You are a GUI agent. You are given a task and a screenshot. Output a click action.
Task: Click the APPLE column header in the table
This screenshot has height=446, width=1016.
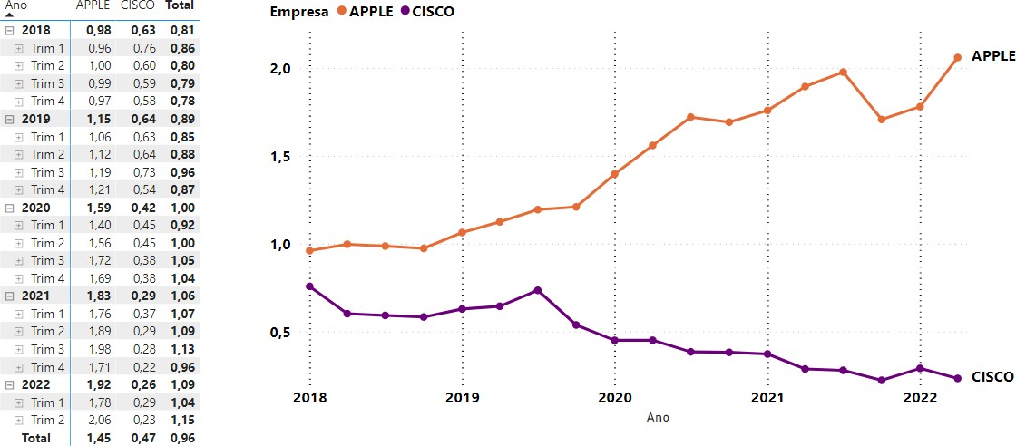(x=93, y=5)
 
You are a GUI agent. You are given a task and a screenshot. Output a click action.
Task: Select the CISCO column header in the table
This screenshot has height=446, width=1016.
(x=136, y=5)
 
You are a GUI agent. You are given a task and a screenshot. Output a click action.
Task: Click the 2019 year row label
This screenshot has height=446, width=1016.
(x=35, y=119)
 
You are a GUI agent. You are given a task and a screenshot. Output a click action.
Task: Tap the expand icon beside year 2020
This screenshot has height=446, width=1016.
(x=8, y=208)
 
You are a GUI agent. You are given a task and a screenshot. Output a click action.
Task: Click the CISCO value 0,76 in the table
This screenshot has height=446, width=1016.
(x=144, y=48)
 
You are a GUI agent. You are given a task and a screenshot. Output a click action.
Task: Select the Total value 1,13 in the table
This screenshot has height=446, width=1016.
(x=182, y=349)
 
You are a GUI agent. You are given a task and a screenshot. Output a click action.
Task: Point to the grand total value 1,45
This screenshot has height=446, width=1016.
(x=98, y=438)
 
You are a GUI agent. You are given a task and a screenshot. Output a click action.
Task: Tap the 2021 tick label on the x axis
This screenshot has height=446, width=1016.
(x=767, y=397)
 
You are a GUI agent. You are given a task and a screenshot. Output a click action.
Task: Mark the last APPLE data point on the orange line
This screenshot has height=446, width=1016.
(x=957, y=57)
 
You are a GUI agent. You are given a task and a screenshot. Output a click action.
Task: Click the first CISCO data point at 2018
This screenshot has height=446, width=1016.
(x=309, y=286)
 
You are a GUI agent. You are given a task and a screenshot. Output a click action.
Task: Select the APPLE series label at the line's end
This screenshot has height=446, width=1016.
(x=992, y=56)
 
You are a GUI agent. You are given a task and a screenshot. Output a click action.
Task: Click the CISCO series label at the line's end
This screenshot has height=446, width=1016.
(x=992, y=376)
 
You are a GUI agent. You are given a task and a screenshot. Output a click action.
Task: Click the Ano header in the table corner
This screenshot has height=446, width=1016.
(x=16, y=5)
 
